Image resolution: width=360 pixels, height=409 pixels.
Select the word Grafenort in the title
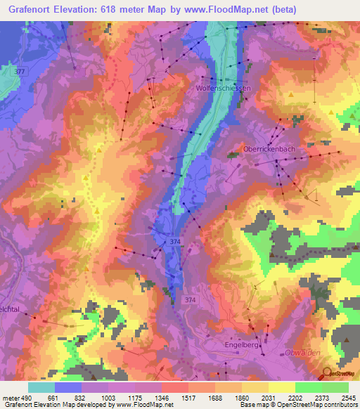[31, 10]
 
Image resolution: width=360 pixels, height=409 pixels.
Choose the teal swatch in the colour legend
[41, 387]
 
